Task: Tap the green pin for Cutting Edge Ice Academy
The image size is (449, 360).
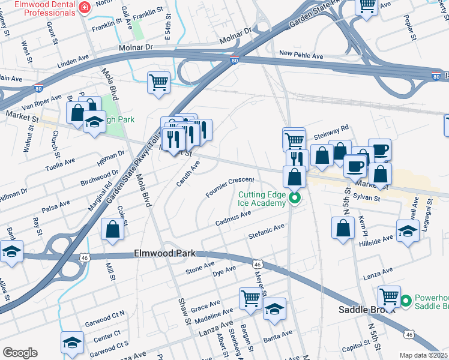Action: [x=294, y=198]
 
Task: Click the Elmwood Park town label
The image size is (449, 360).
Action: [x=160, y=254]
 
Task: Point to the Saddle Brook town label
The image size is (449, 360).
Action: [x=358, y=310]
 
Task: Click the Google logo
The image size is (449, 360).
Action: [x=20, y=353]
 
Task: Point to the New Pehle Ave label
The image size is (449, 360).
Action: [x=301, y=56]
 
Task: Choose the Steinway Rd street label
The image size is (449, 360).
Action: [x=330, y=131]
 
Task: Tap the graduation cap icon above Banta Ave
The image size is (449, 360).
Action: [x=274, y=308]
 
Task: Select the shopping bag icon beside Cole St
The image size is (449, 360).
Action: [x=113, y=229]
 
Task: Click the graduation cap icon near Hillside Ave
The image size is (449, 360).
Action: [x=408, y=231]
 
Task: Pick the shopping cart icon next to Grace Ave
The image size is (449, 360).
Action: [x=251, y=298]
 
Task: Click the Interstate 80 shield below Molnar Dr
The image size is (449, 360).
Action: [x=235, y=61]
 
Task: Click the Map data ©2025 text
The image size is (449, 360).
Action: [x=423, y=355]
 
